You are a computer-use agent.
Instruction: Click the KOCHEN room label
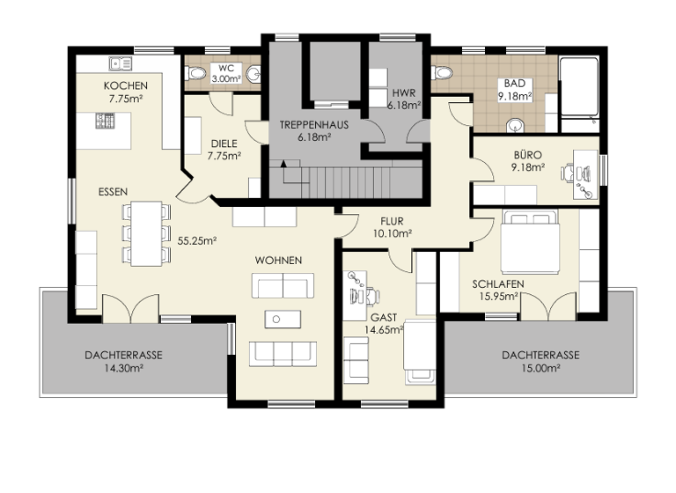[125, 85]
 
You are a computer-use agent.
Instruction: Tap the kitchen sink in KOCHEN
[120, 63]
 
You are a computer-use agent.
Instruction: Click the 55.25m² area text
[197, 239]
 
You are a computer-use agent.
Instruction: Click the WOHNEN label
[279, 261]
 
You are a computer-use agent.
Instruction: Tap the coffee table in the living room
[282, 319]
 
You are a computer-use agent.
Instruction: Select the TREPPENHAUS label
[313, 125]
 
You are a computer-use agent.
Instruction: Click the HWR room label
[404, 92]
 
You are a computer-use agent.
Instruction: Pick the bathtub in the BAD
[581, 88]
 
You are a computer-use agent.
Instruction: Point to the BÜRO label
[528, 154]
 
